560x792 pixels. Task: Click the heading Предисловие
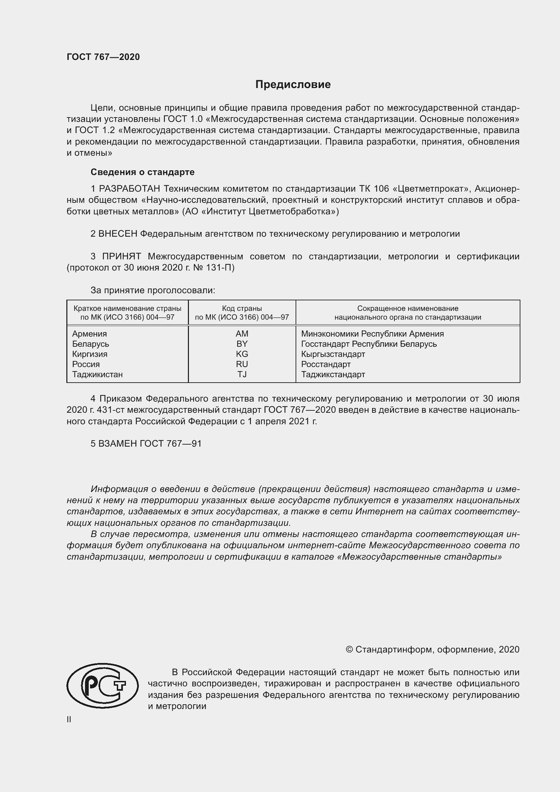[x=293, y=85]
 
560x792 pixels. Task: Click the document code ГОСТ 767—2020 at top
[x=103, y=57]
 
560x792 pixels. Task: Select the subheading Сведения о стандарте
[x=143, y=172]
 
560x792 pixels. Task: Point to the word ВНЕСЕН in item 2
[x=118, y=234]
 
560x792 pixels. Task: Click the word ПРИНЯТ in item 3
[x=122, y=256]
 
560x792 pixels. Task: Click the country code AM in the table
[x=242, y=334]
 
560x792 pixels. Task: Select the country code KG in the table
[x=242, y=354]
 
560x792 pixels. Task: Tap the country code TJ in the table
[x=242, y=374]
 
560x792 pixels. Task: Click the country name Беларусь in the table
[x=90, y=344]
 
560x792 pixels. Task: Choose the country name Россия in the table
[x=86, y=364]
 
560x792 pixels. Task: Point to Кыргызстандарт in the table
[x=333, y=354]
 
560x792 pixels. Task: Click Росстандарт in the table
[x=325, y=364]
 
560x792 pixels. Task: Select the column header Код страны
[x=242, y=308]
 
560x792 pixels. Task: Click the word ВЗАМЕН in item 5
[x=118, y=444]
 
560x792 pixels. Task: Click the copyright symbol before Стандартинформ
[x=349, y=649]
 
